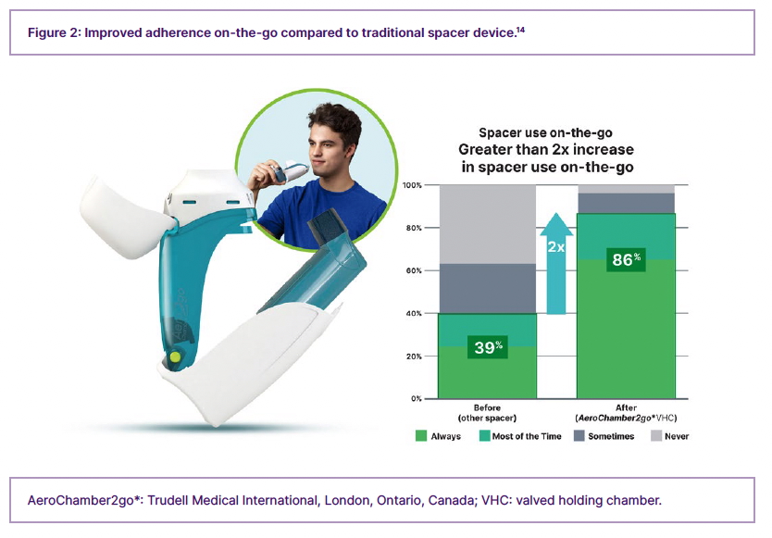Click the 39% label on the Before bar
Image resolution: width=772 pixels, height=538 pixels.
(488, 347)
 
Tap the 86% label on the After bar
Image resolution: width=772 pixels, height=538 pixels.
(626, 259)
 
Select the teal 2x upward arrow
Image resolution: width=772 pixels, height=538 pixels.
(556, 264)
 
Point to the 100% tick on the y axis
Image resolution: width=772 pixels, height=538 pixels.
(412, 185)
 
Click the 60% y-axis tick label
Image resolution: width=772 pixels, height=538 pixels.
(414, 270)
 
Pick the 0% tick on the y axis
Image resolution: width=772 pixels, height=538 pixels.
(416, 398)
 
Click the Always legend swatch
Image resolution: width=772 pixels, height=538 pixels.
(421, 436)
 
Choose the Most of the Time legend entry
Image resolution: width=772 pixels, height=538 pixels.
(520, 436)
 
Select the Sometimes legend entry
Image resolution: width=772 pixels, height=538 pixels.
(604, 436)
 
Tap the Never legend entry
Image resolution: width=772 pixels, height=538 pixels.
(670, 436)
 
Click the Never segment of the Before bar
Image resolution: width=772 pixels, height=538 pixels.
(488, 224)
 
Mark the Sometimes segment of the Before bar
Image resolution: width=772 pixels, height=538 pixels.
(488, 288)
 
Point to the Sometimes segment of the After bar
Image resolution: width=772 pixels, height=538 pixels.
(626, 203)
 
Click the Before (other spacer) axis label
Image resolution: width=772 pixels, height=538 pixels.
(487, 413)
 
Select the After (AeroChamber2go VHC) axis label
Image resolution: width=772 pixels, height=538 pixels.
(626, 413)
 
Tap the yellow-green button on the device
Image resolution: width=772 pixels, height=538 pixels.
(174, 357)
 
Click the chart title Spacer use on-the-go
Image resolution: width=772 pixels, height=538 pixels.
(545, 133)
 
